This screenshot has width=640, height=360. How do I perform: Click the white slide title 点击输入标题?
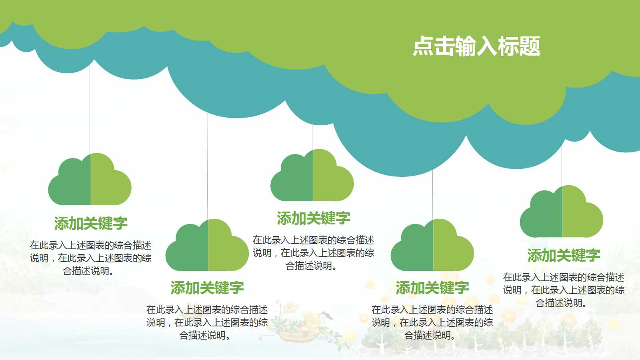pos(476,46)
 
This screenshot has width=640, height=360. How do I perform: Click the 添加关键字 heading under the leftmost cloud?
pos(91,223)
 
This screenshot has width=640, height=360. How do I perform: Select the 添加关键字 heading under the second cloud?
pos(207,288)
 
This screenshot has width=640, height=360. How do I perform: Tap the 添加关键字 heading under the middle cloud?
pos(313,218)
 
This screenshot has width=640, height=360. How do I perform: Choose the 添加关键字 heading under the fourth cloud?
pos(432,288)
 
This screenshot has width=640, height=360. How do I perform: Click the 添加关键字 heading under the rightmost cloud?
pos(564,255)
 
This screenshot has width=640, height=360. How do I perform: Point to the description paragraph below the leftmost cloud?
pos(91,258)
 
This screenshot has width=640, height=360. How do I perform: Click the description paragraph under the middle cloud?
pos(313,253)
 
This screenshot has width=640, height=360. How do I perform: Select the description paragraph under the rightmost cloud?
pos(564,290)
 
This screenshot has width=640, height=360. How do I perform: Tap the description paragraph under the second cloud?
pos(207,322)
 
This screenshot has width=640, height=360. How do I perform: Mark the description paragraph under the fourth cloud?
pos(432,322)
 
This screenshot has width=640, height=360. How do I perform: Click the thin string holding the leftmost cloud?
pos(90,108)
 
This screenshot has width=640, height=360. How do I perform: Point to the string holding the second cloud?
pos(208,168)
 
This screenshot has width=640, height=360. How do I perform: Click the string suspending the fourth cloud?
pos(432,196)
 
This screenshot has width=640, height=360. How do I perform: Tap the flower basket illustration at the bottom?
pos(298,326)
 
